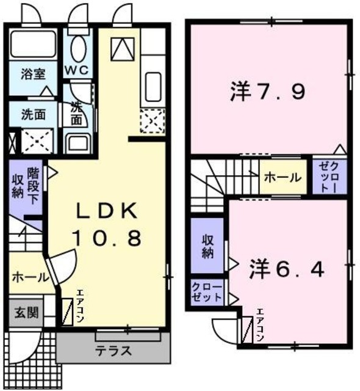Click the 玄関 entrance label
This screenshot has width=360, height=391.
point(26,313)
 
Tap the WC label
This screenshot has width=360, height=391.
point(77,70)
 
